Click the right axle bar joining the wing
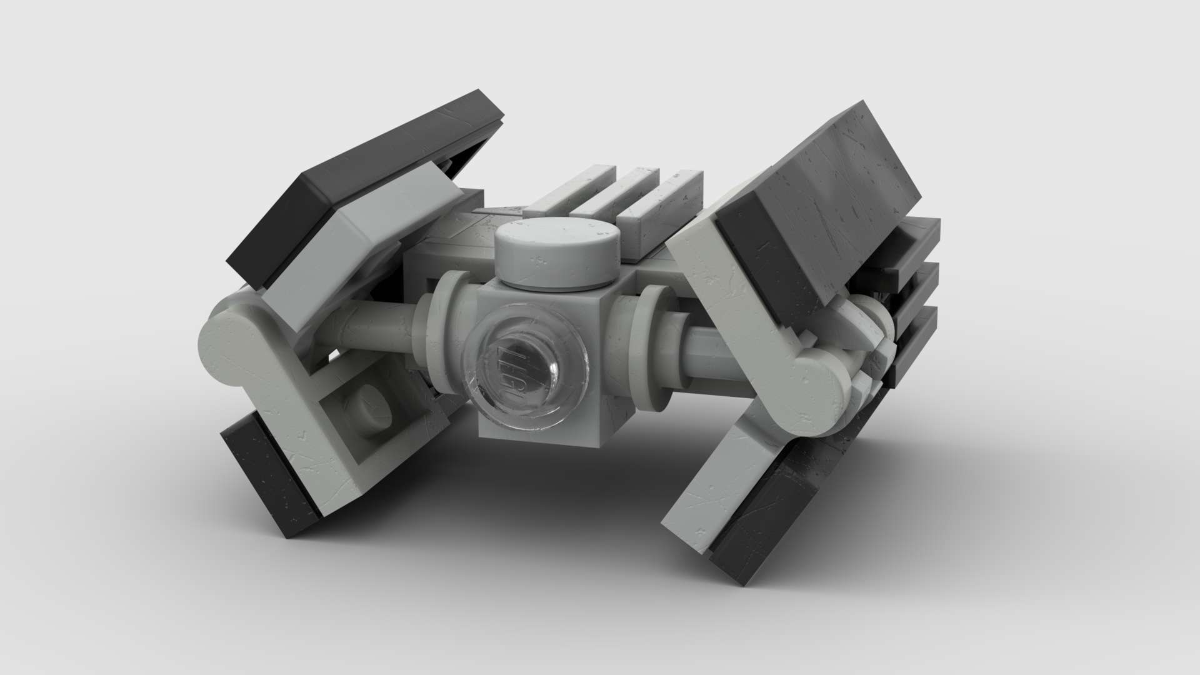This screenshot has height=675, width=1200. (712, 356)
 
